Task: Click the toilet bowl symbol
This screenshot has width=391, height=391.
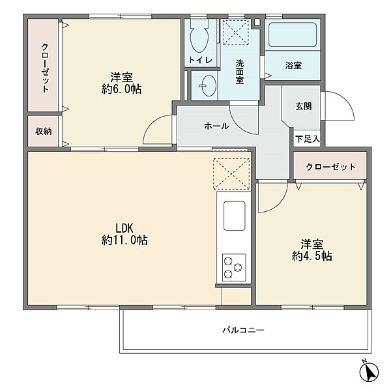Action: click(199, 35)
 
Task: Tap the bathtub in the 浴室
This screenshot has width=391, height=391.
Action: click(293, 35)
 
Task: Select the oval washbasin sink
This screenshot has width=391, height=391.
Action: click(209, 85)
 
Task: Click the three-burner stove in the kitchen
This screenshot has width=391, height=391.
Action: click(234, 267)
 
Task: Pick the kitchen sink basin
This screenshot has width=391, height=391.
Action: click(234, 216)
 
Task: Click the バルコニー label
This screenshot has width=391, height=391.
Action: click(243, 330)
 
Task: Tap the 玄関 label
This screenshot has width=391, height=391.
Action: click(304, 106)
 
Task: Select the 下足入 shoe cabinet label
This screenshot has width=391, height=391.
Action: click(307, 139)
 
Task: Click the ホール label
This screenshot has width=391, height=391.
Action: click(216, 126)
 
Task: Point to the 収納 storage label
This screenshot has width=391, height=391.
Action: click(44, 131)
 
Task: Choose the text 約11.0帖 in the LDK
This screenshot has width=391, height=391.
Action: click(124, 240)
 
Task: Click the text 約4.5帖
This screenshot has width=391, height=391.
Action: click(312, 256)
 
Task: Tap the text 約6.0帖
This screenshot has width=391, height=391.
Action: click(121, 89)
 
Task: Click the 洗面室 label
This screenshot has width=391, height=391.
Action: click(240, 72)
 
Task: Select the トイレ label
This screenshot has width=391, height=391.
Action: click(201, 60)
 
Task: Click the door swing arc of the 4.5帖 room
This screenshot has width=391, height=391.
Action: click(280, 204)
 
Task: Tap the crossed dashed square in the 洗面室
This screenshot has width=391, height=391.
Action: click(236, 32)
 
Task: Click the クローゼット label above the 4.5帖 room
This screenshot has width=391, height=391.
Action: click(330, 167)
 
